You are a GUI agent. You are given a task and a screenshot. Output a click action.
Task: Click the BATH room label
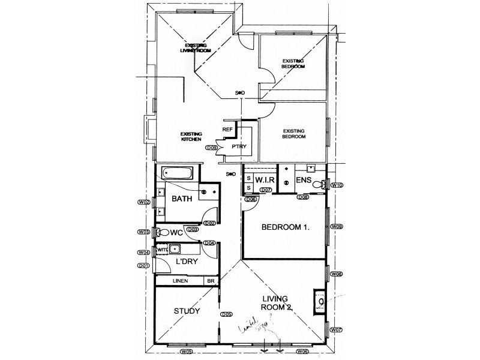182,199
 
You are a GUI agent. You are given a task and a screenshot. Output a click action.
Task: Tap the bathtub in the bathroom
178,173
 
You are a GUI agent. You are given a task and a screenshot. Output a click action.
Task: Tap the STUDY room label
187,311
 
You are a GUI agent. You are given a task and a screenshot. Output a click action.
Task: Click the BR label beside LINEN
211,281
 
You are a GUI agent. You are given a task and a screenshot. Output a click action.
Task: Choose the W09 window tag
337,226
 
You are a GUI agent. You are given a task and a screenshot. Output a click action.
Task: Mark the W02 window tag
143,203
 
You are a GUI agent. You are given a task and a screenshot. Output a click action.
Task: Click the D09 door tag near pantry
211,148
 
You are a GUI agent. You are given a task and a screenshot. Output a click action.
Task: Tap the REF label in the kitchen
227,129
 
